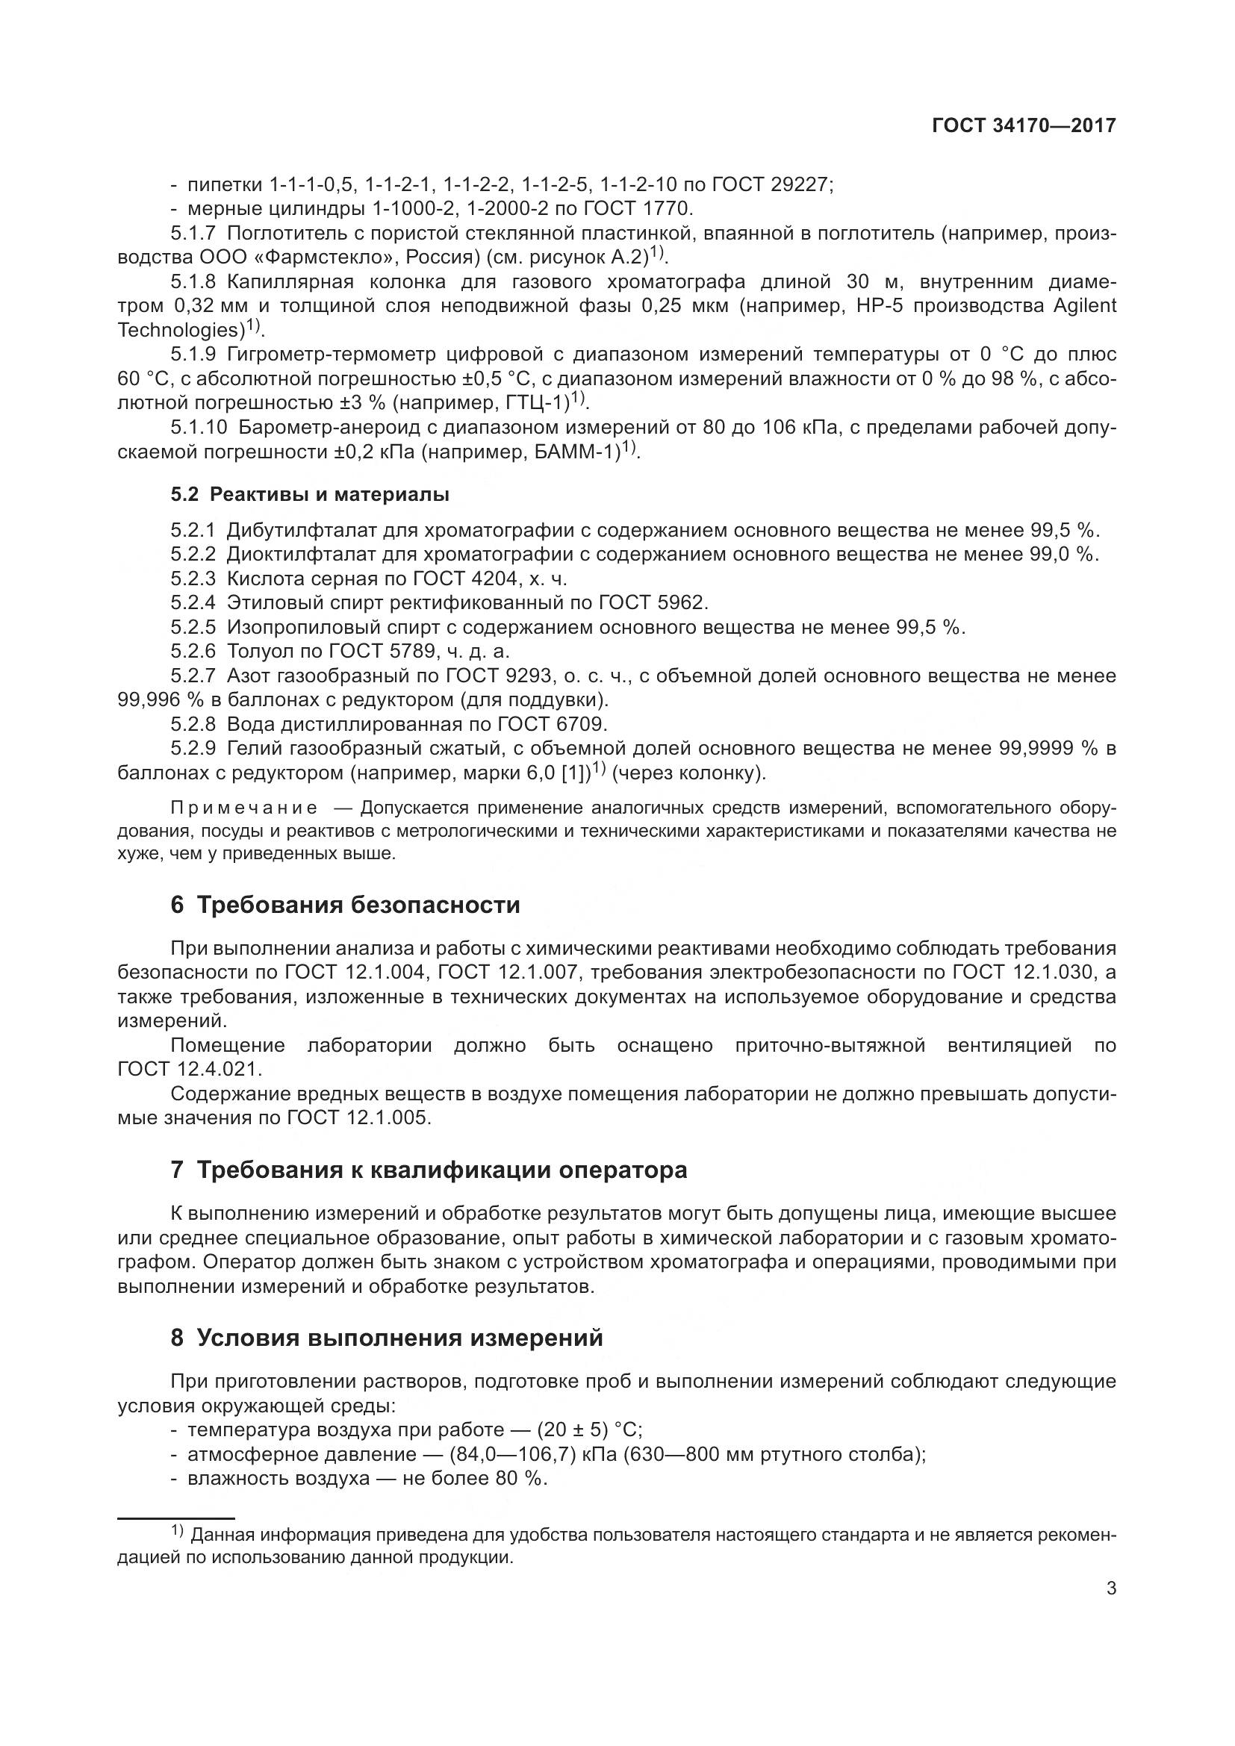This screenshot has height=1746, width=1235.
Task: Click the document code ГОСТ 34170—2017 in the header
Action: [1024, 126]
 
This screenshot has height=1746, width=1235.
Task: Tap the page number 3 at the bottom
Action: [1111, 1588]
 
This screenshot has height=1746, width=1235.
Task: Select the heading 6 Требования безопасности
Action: [345, 905]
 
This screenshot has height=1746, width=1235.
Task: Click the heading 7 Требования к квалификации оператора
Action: [429, 1170]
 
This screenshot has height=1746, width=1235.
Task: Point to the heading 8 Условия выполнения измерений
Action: [386, 1337]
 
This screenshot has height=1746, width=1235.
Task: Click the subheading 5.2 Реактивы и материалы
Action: [310, 494]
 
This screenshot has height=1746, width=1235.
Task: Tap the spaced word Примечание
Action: [243, 808]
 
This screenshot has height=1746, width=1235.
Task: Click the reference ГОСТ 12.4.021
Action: [189, 1069]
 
